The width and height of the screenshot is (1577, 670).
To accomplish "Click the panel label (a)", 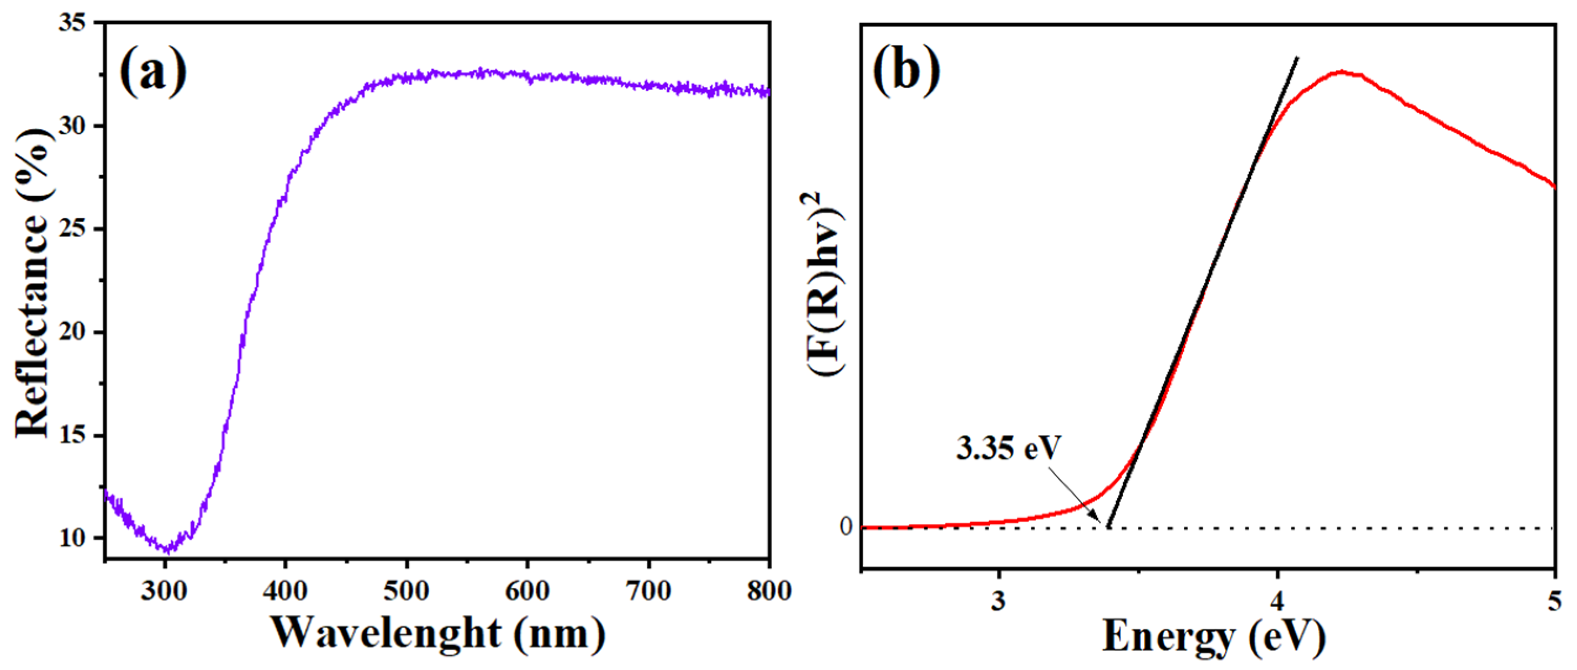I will (x=153, y=72).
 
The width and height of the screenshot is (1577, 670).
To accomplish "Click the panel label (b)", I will (x=906, y=72).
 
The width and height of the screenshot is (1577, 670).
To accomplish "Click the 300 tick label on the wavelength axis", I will (x=164, y=591).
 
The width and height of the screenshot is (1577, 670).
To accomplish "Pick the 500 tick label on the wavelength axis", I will (x=406, y=591).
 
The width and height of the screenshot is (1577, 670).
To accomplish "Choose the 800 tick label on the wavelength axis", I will (x=769, y=591).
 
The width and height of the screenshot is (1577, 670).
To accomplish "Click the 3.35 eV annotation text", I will (x=1008, y=448).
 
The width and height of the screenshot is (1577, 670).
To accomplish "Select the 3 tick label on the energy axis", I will (x=998, y=601).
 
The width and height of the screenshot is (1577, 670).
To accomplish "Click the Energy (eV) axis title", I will (x=1214, y=636).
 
